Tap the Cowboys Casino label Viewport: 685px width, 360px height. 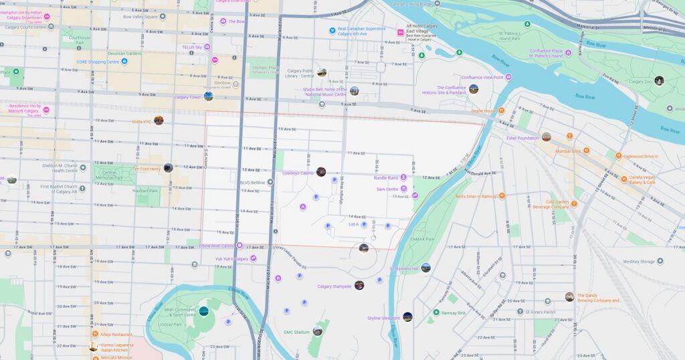(x=297, y=173)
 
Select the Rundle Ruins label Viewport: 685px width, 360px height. (x=386, y=178)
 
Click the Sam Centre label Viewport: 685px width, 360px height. (x=387, y=189)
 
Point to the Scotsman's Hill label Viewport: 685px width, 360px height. (x=403, y=269)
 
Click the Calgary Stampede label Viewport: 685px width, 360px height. (x=334, y=286)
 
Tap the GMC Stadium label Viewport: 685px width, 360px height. (x=297, y=332)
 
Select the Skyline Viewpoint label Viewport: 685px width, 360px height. (x=383, y=318)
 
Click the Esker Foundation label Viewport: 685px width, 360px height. (x=522, y=138)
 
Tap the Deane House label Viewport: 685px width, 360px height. (x=482, y=111)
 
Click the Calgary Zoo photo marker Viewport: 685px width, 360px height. (x=659, y=81)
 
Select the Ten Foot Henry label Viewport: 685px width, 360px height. (x=146, y=169)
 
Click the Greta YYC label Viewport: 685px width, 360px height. (x=142, y=122)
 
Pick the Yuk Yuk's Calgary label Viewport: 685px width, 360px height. (x=231, y=258)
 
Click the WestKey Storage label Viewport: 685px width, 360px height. (x=640, y=262)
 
